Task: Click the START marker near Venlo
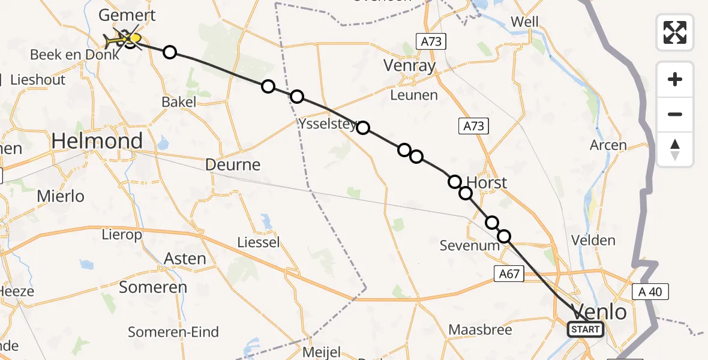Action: pos(586,329)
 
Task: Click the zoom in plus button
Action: pos(675,79)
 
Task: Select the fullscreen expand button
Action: pos(675,32)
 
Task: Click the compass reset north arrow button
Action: pos(675,149)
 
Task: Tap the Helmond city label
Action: pos(97,142)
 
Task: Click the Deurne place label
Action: pos(233,164)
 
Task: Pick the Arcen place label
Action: pos(608,145)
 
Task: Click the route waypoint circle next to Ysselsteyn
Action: pos(363,127)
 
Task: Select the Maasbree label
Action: pos(481,330)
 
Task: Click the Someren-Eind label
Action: pos(173,332)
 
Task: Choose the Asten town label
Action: pos(185,259)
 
